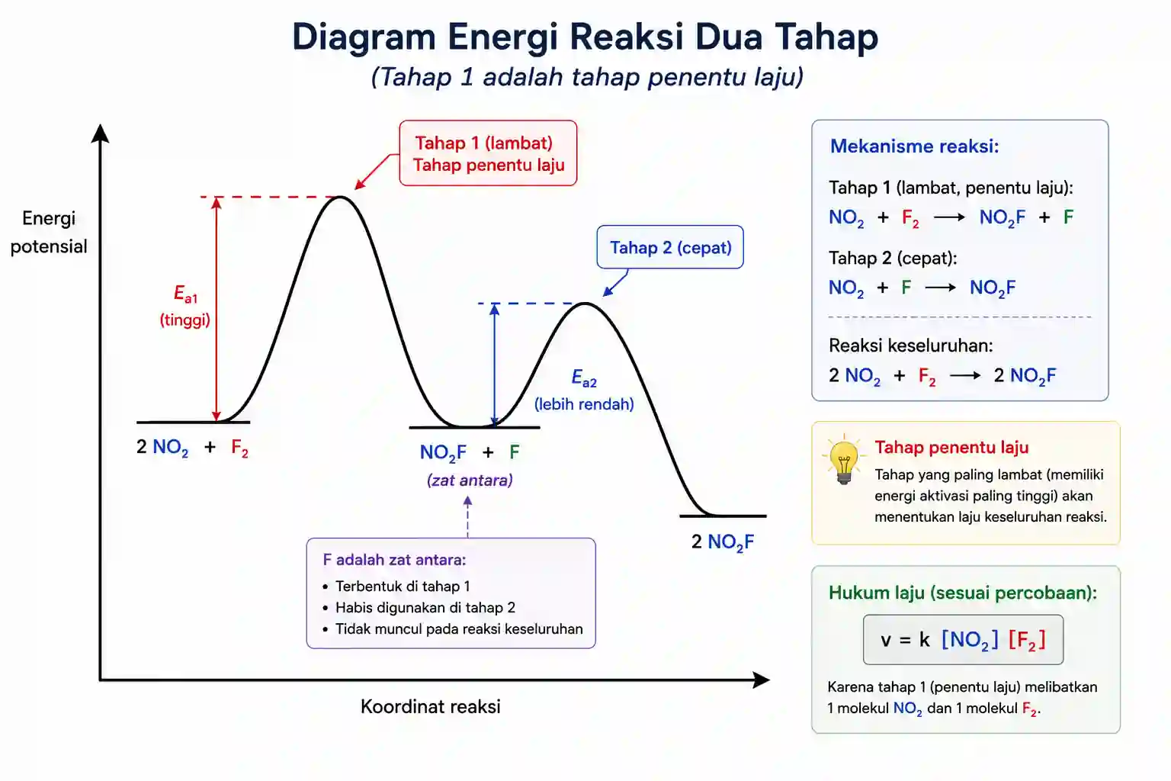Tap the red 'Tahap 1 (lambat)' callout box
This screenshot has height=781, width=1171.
pyautogui.click(x=488, y=153)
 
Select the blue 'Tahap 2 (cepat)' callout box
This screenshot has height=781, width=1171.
pyautogui.click(x=669, y=247)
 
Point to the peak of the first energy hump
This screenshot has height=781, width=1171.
pyautogui.click(x=340, y=198)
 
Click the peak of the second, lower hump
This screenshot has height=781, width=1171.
pyautogui.click(x=585, y=304)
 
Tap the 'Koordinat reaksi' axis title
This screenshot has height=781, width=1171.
pyautogui.click(x=430, y=707)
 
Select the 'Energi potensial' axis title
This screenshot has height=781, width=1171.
pyautogui.click(x=49, y=233)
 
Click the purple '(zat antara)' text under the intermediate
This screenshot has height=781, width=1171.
pyautogui.click(x=470, y=480)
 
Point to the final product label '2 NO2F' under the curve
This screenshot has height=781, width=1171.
pyautogui.click(x=723, y=542)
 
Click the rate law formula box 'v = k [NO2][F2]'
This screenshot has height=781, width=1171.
pyautogui.click(x=963, y=640)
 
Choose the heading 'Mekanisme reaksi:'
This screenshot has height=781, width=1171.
pyautogui.click(x=914, y=146)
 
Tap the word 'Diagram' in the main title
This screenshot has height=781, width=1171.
pyautogui.click(x=364, y=37)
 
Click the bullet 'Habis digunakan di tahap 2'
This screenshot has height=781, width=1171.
pyautogui.click(x=425, y=607)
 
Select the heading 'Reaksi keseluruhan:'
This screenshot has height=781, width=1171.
pyautogui.click(x=911, y=346)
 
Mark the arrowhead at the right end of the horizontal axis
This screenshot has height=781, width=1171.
pyautogui.click(x=762, y=680)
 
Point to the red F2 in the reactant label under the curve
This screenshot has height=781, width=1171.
pyautogui.click(x=239, y=448)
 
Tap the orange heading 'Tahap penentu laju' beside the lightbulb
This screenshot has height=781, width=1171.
pyautogui.click(x=951, y=447)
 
